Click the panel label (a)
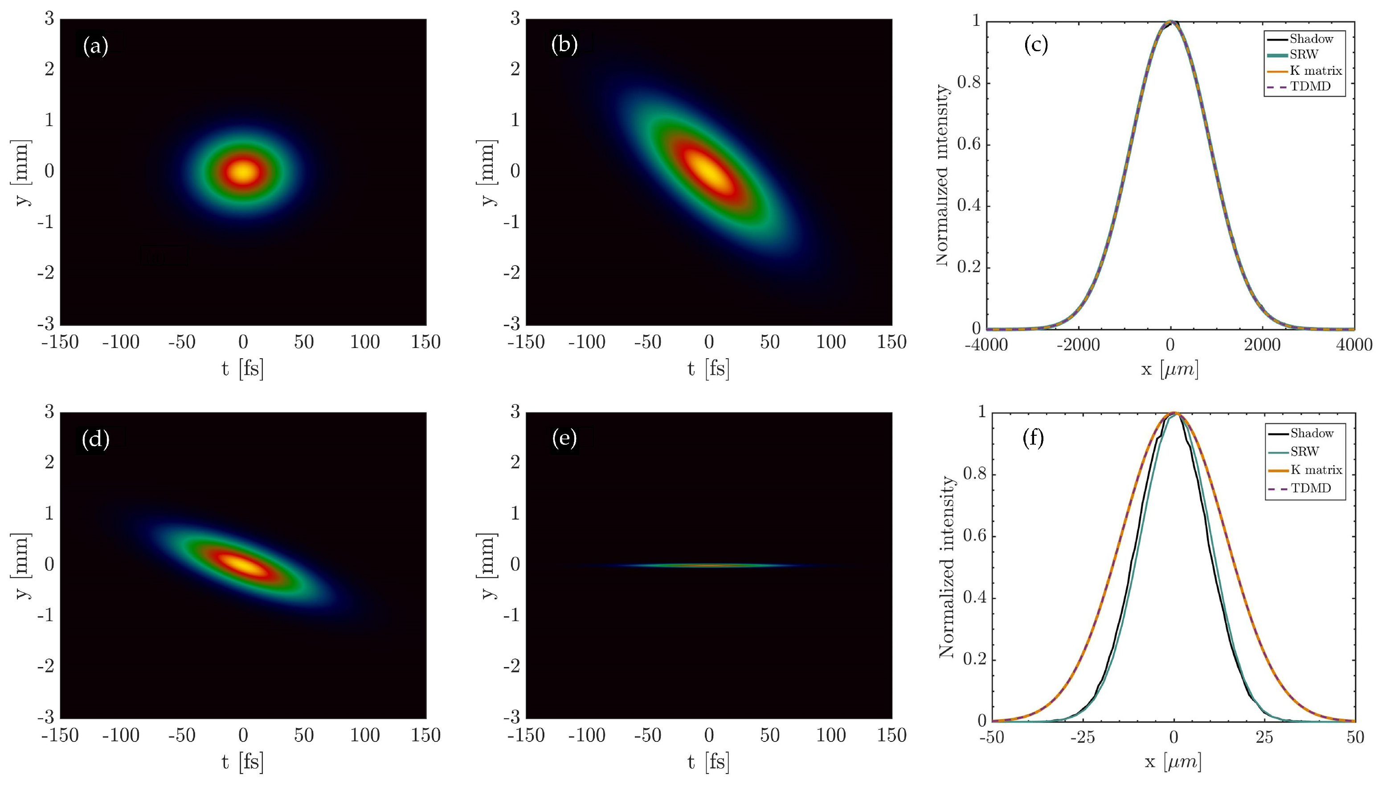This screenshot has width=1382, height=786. pos(95,46)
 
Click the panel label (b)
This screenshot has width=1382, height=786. pos(564,44)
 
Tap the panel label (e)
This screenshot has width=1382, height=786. pos(564,438)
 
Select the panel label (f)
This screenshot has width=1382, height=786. pos(1033,437)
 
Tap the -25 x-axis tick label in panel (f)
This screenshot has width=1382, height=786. pos(1083,737)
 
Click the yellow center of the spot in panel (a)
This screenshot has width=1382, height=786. pos(243,172)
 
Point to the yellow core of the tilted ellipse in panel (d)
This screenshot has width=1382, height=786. pos(243,565)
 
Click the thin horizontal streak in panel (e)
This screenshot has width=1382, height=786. pos(708,565)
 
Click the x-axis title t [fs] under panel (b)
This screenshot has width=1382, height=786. pos(708,368)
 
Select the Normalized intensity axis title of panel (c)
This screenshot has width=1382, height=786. pos(942,176)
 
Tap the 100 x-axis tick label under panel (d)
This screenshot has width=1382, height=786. pos(365,735)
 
